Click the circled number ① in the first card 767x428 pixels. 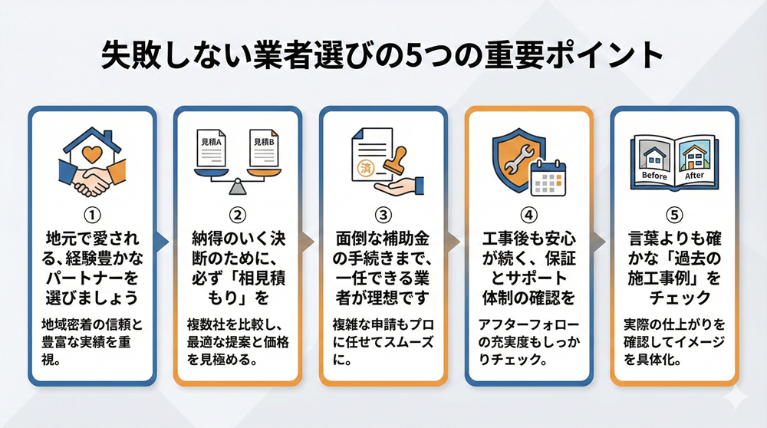[92, 215]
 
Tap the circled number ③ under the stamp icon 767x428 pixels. [383, 215]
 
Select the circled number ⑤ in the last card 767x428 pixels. [674, 215]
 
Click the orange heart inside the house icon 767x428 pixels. [92, 155]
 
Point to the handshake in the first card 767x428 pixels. [91, 179]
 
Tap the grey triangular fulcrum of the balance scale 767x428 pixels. [237, 187]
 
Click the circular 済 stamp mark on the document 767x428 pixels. [366, 168]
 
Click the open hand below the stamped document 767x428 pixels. [399, 186]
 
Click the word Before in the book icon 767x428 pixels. [654, 175]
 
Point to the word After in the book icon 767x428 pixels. [694, 175]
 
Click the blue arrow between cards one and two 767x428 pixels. [163, 242]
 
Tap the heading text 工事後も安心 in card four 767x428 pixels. [528, 239]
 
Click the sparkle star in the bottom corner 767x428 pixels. [735, 397]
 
